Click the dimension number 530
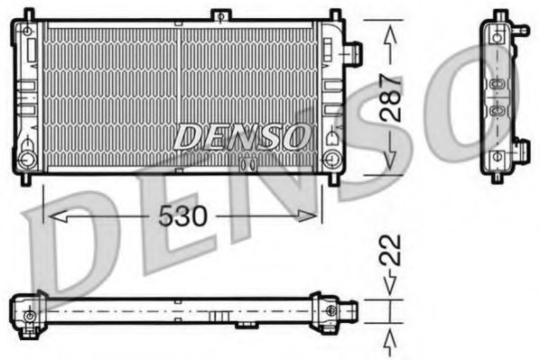coord(183,216)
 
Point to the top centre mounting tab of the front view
coord(219,16)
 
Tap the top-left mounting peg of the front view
coord(28,15)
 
